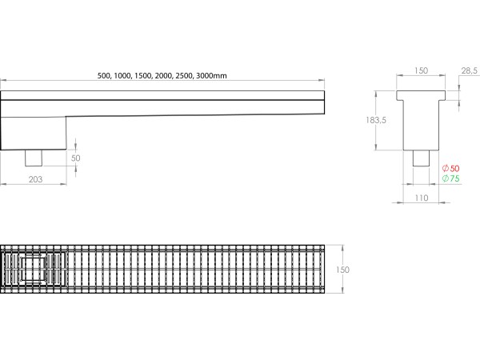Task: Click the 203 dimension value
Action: (x=35, y=179)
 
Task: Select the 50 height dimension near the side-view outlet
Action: (x=75, y=158)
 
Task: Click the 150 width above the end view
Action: (x=421, y=71)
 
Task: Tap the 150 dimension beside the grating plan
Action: (x=342, y=270)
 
